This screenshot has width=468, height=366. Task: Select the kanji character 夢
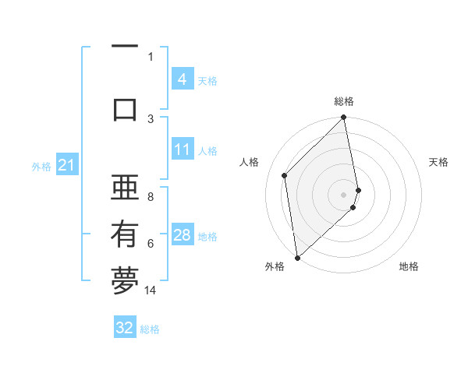tap(125, 282)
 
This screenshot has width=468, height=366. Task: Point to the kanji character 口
tap(125, 109)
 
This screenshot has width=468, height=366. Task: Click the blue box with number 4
tap(182, 79)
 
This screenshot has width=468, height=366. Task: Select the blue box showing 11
tap(182, 150)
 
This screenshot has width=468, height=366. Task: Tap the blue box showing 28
tap(182, 235)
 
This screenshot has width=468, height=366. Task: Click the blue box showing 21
tap(66, 165)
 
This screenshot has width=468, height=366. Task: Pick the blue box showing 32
tap(125, 328)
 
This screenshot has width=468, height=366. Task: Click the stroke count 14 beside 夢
tap(151, 290)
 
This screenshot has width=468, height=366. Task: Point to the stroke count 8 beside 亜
tap(151, 197)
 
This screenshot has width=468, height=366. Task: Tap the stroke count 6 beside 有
tap(151, 244)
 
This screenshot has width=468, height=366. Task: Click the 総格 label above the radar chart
tap(344, 101)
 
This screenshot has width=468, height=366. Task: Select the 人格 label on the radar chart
tap(250, 162)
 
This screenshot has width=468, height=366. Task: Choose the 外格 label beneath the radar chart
tap(275, 266)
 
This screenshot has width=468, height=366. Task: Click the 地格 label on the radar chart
tap(409, 266)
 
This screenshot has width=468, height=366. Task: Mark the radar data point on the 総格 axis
tap(344, 118)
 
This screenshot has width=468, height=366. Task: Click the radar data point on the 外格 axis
tap(297, 257)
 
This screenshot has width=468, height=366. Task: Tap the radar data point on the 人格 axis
tap(285, 175)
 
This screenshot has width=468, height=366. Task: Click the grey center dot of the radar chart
tap(344, 193)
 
